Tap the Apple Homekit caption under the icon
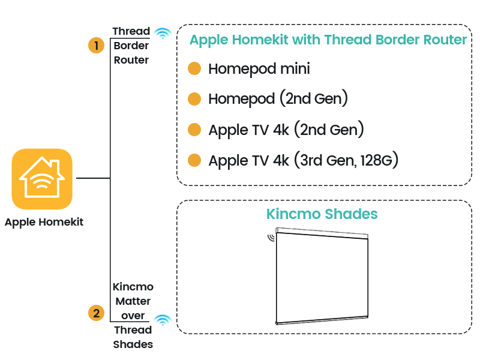tap(44, 222)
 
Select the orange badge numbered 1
tap(96, 46)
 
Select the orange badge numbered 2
tap(96, 313)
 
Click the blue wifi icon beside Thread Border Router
tap(162, 34)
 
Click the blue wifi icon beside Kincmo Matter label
tap(162, 320)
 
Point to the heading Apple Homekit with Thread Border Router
tap(328, 40)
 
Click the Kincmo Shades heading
tap(322, 214)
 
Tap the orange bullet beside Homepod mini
tap(194, 69)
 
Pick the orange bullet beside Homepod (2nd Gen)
tap(194, 99)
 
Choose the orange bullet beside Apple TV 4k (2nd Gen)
tap(194, 130)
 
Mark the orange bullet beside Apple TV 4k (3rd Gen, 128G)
tap(194, 160)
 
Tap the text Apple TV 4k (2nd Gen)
tap(286, 130)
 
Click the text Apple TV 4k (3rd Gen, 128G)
tap(305, 160)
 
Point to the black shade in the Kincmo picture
tap(322, 276)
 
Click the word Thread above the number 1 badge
tap(131, 31)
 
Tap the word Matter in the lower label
tap(132, 301)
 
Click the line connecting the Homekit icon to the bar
tap(91, 178)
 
